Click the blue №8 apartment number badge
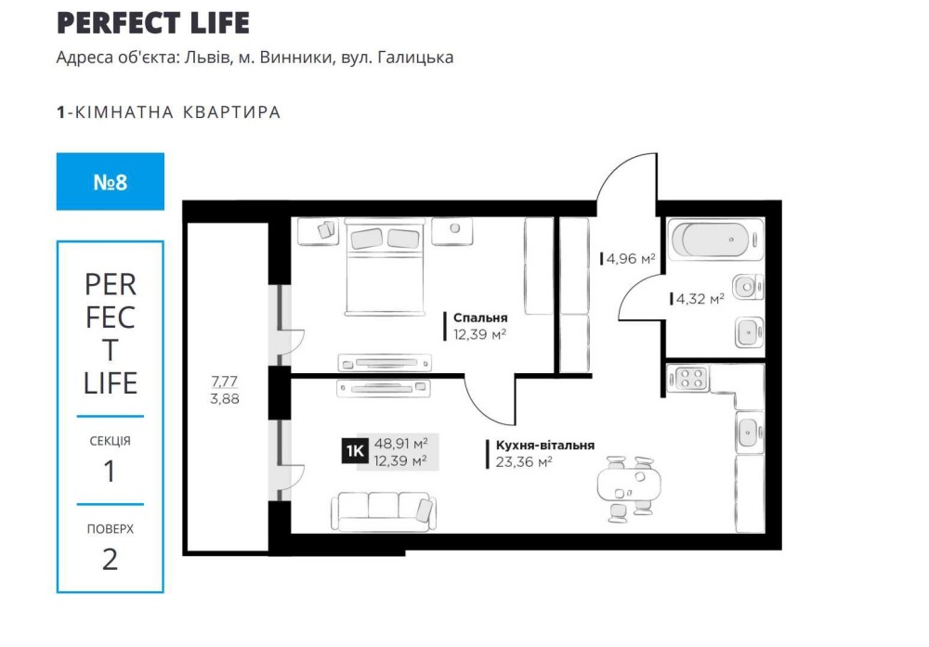click(111, 182)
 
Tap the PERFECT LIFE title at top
click(153, 22)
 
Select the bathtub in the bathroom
click(715, 239)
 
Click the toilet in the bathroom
click(748, 288)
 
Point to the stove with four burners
click(687, 378)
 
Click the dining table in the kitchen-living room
click(629, 485)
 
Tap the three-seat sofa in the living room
click(383, 512)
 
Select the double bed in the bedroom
click(385, 266)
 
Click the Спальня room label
click(480, 317)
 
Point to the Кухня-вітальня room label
click(545, 446)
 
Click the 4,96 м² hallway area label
click(631, 259)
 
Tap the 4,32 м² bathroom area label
click(700, 299)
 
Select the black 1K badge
click(355, 452)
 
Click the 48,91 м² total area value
click(401, 444)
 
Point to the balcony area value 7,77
click(225, 382)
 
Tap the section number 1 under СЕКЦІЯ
click(110, 472)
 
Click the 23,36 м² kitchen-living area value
click(524, 461)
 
